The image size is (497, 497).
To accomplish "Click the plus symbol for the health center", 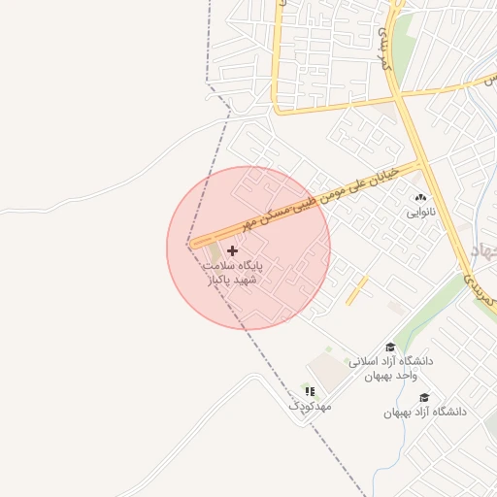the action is tap(232, 250).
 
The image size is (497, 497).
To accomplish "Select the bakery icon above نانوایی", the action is tap(421, 197).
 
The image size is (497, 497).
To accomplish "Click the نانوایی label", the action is tap(421, 211).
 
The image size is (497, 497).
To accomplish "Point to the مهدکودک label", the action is tap(311, 406).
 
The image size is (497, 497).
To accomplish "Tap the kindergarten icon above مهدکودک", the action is tap(310, 391).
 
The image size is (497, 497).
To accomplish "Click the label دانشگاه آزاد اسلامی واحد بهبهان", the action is tap(391, 368).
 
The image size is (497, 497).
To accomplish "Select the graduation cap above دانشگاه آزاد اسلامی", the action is tap(390, 348).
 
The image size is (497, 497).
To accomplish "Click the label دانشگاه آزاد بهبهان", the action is tap(424, 412).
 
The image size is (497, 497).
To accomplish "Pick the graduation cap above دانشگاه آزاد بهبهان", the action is tap(423, 397).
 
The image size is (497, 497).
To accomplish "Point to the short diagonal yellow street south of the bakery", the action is tap(357, 289).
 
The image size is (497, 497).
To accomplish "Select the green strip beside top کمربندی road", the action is tap(408, 39).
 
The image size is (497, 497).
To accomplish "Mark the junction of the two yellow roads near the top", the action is tap(396, 97).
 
